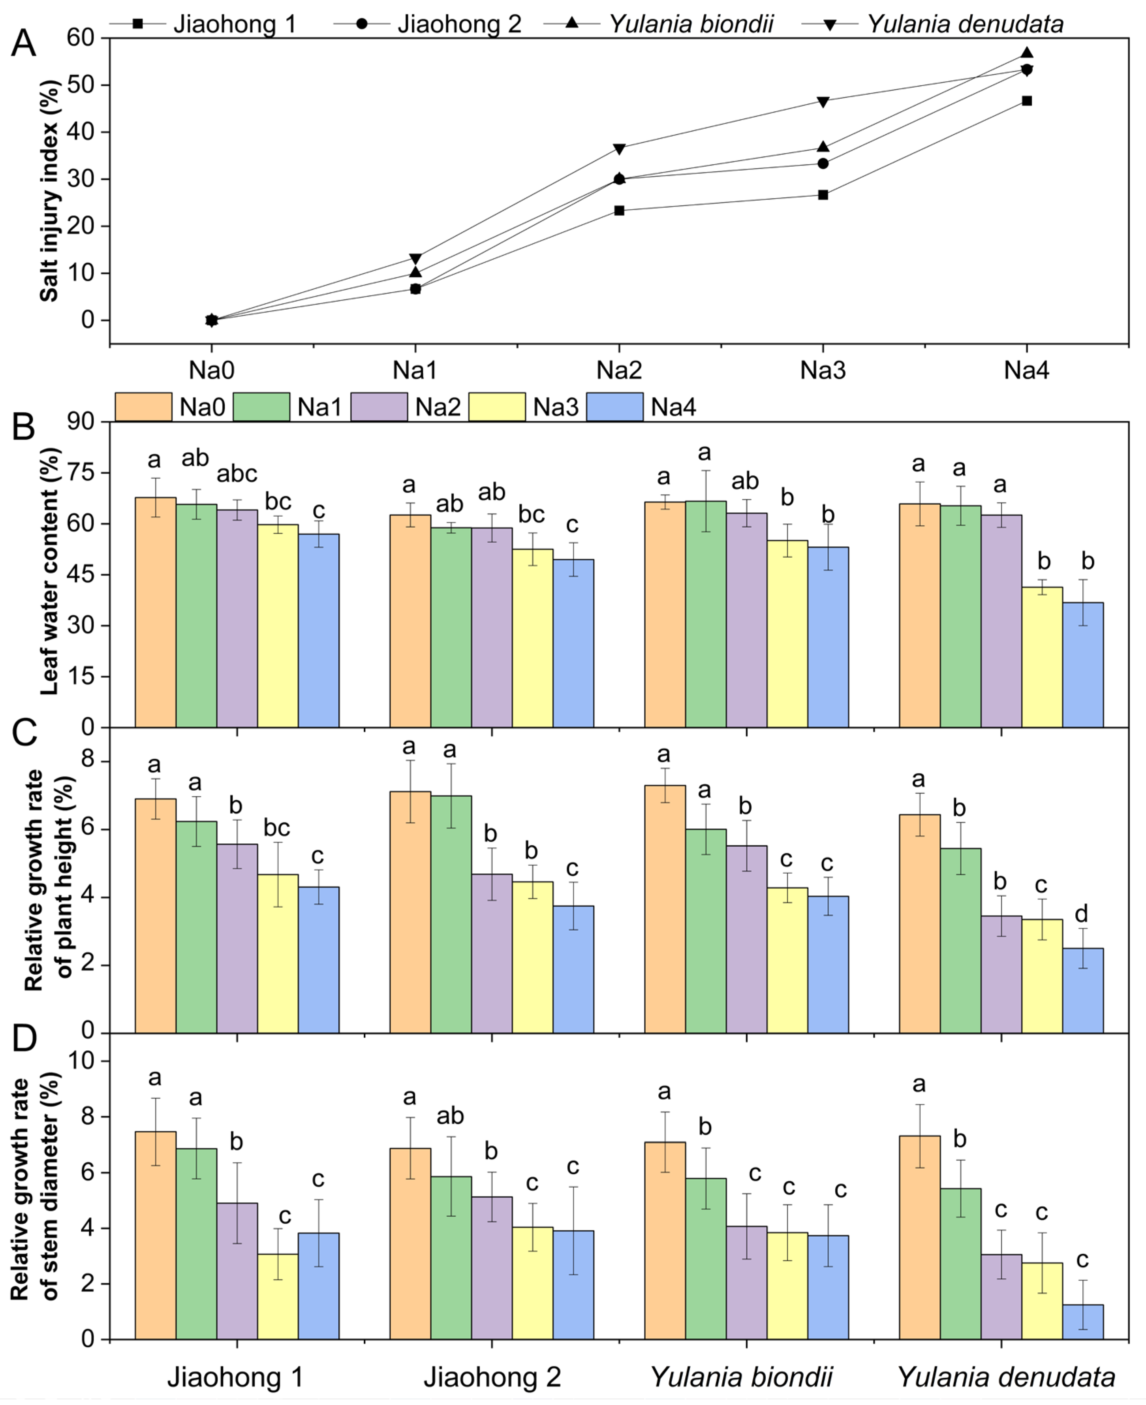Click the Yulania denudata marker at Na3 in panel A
coord(823,102)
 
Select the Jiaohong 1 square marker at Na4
coord(1026,101)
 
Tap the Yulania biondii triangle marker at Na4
coord(1026,53)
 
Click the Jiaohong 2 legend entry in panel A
coord(459,24)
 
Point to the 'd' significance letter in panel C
coord(1081,914)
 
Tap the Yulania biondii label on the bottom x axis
coord(741,1377)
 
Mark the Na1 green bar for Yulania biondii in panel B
coord(706,614)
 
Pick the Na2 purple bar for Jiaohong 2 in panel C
coord(492,954)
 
